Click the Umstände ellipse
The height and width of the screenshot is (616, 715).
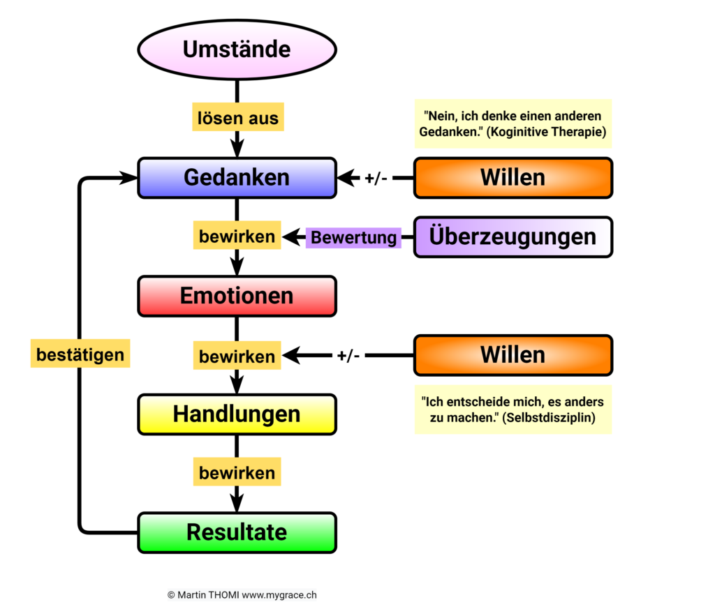tap(237, 50)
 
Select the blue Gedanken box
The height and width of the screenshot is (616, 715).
tap(237, 178)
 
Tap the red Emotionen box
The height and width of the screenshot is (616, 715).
tap(237, 296)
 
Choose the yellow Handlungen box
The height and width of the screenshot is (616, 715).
tap(237, 414)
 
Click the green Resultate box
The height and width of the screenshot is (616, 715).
tap(237, 532)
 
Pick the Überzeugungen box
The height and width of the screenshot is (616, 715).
tap(513, 237)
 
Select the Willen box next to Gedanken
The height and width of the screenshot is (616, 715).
tap(513, 178)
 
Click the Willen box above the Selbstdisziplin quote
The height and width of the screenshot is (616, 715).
tap(513, 355)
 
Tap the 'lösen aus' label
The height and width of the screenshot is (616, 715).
tap(238, 117)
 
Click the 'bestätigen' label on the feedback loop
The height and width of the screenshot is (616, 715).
tap(80, 354)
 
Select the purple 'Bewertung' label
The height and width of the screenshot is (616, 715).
tap(353, 238)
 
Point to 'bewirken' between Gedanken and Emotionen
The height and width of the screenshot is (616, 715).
tap(237, 236)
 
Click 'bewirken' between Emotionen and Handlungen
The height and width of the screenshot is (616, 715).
tap(237, 355)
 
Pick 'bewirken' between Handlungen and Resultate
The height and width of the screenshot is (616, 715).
tap(237, 472)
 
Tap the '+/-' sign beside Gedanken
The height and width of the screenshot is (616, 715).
tap(376, 178)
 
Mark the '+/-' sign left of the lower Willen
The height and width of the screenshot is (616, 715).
tap(348, 355)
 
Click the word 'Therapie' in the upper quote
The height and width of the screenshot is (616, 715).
tap(577, 132)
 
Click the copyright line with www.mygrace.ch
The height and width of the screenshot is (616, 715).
tap(242, 595)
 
